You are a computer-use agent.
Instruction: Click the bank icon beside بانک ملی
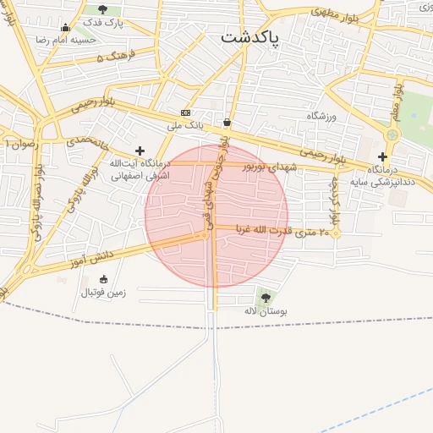(x=185, y=112)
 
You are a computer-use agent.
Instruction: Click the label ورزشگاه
(x=321, y=116)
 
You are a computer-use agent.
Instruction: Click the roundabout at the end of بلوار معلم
(x=392, y=134)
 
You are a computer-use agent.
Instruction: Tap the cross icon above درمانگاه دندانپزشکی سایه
(x=382, y=156)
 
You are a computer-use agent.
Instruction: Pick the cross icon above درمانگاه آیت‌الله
(x=140, y=151)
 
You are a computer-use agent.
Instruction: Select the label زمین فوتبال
(x=103, y=293)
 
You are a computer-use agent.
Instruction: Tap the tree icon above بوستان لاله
(x=266, y=298)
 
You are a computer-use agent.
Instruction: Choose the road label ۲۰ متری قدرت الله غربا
(x=283, y=232)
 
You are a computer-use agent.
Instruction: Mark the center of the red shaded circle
(x=216, y=216)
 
